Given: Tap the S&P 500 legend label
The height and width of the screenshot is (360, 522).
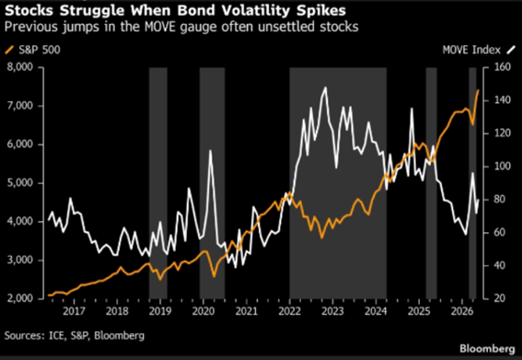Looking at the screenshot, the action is coord(40,50).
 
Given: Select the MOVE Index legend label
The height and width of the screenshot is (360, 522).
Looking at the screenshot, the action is coord(471,50).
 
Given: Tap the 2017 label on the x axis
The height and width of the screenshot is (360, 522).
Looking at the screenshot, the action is coord(74,311).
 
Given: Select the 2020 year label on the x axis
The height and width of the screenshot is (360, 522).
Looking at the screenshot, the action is coord(203,311).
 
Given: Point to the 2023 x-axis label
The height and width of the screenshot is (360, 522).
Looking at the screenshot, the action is coord(332,311).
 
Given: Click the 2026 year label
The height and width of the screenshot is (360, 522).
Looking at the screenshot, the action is coord(462,311).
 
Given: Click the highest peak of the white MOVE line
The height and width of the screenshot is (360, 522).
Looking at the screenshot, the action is coord(325,87).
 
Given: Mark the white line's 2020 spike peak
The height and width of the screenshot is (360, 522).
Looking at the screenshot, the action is coord(211,150).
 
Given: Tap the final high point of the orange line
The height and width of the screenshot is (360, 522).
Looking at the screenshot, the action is coord(479,90).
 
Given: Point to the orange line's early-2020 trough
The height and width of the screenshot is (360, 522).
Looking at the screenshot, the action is coord(214,276).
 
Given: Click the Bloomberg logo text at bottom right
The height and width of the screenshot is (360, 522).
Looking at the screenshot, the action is coord(487,349).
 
